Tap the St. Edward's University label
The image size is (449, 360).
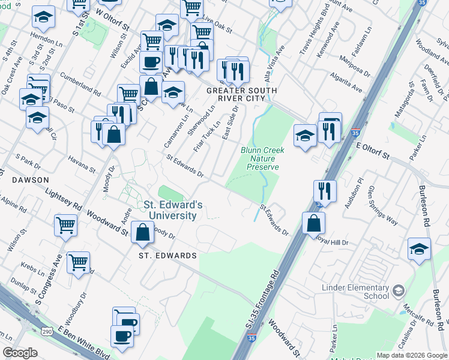click(173, 210)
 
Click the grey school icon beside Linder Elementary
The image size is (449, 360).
click(398, 292)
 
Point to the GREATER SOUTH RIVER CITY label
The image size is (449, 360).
click(235, 94)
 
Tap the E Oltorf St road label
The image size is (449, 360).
click(373, 149)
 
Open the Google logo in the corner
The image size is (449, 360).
click(20, 353)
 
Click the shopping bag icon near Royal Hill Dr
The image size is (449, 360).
click(314, 223)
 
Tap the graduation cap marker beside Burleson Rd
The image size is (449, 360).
click(419, 249)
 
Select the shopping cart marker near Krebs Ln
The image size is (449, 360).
click(79, 262)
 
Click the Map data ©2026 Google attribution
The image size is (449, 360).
click(412, 355)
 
